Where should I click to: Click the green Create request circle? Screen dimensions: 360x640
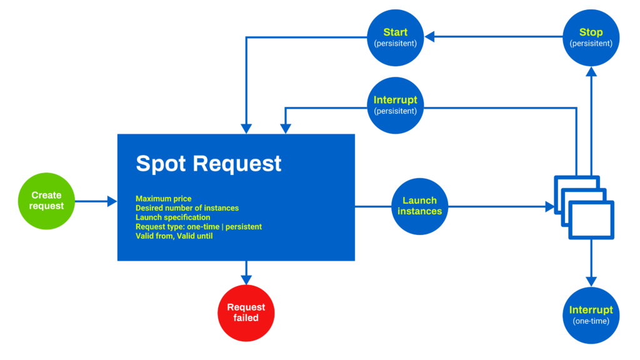46,201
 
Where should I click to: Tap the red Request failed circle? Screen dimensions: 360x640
246,313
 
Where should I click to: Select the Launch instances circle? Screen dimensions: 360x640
419,206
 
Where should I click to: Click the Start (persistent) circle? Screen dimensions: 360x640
395,37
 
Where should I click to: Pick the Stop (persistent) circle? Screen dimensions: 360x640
591,37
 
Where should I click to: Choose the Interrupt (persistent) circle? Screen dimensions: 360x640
395,105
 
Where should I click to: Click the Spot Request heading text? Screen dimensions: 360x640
209,163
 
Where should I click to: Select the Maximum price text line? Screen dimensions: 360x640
164,199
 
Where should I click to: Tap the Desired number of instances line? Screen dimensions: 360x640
187,208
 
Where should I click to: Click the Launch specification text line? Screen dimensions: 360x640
173,217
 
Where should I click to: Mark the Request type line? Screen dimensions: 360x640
198,227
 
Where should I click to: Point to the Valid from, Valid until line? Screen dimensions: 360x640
174,236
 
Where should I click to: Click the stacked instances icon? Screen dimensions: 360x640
584,207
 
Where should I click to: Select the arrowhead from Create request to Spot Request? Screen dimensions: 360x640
112,201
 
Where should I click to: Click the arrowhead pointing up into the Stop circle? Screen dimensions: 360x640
591,72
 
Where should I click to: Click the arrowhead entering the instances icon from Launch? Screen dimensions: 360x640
548,206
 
